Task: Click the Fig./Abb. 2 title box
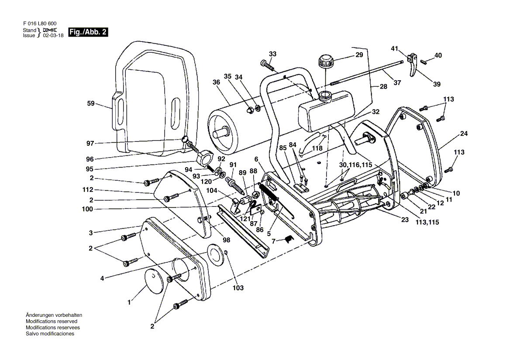tap(87, 32)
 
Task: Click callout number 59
tap(91, 104)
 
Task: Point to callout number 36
tap(216, 82)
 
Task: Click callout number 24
tap(464, 134)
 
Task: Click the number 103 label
tap(238, 288)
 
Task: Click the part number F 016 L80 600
tap(39, 23)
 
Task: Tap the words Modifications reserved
tap(51, 321)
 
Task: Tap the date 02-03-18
tap(53, 36)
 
